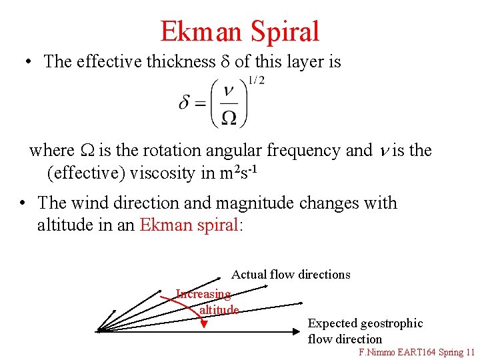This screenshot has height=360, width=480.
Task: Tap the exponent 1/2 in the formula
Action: [x=255, y=81]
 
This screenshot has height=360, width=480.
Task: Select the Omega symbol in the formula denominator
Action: [x=229, y=117]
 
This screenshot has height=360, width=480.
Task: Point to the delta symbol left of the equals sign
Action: [x=185, y=103]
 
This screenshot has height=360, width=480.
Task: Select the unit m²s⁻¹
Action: [x=237, y=172]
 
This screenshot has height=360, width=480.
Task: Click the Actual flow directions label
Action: [x=291, y=275]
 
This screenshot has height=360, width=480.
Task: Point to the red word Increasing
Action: [x=203, y=294]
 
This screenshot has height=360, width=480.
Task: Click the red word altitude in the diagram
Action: [x=219, y=310]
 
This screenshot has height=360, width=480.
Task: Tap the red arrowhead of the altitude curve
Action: [x=205, y=325]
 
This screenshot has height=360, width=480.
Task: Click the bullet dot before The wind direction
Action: [x=23, y=203]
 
